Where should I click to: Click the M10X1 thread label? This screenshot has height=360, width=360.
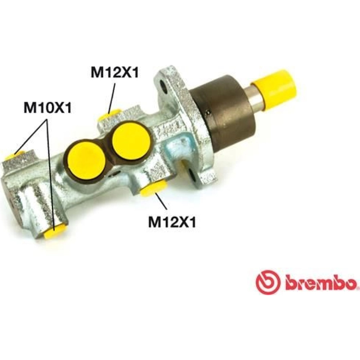[x=48, y=107]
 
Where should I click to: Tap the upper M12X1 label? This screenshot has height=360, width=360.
[x=115, y=72]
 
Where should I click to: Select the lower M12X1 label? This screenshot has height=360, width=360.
[x=172, y=222]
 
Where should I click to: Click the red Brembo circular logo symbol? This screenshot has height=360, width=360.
[x=268, y=282]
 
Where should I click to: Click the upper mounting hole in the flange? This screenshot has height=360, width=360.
[x=163, y=86]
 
